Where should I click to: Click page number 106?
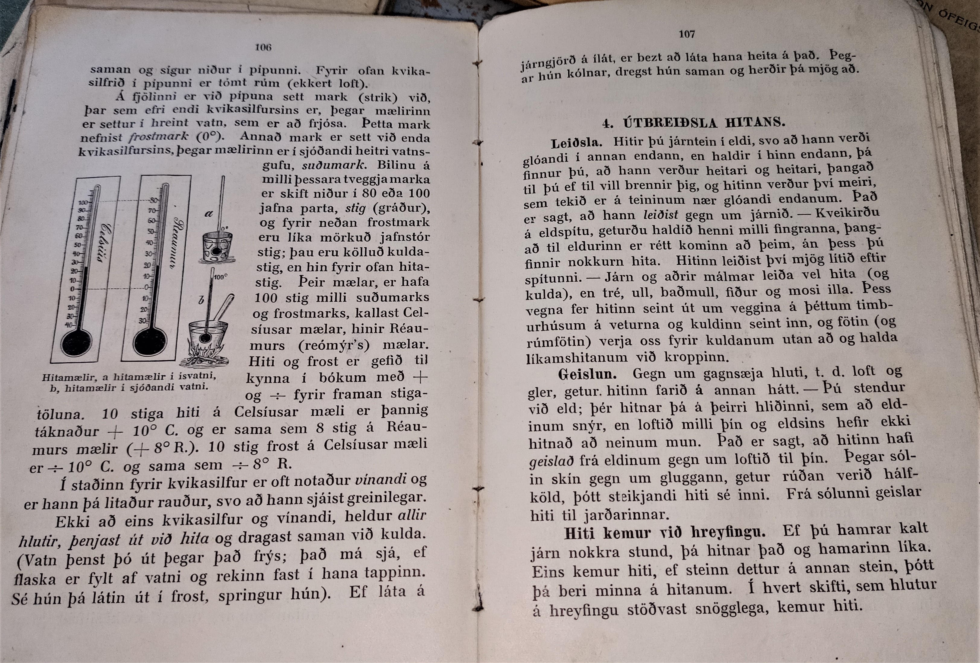pos(263,47)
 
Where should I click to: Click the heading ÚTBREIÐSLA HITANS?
pos(704,123)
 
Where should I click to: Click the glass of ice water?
pos(216,249)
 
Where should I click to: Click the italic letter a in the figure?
pos(208,213)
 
